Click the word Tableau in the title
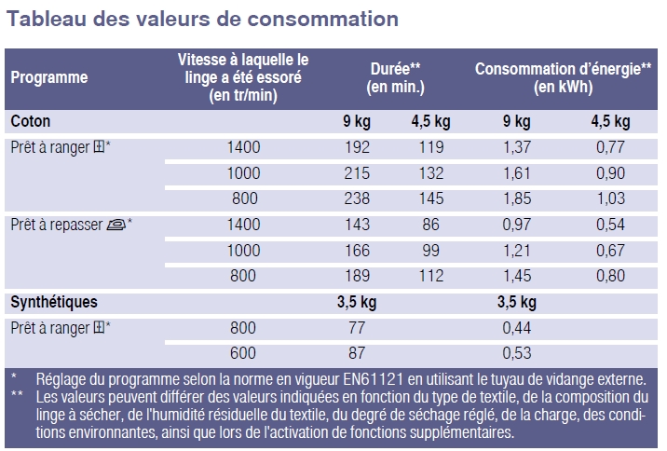pos(48,19)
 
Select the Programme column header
pos(49,77)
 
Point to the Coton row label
pos(31,121)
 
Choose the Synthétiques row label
pos(54,302)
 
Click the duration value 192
pos(358,147)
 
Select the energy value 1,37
pos(517,147)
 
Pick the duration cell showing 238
pos(358,198)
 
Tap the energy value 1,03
pos(610,198)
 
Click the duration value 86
pos(430,225)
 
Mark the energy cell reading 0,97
pos(517,225)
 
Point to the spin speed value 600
pos(244,353)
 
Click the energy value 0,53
pos(517,353)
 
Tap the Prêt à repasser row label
pos(57,225)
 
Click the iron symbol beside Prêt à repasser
pos(116,224)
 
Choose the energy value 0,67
pos(610,250)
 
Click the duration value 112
pos(430,275)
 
